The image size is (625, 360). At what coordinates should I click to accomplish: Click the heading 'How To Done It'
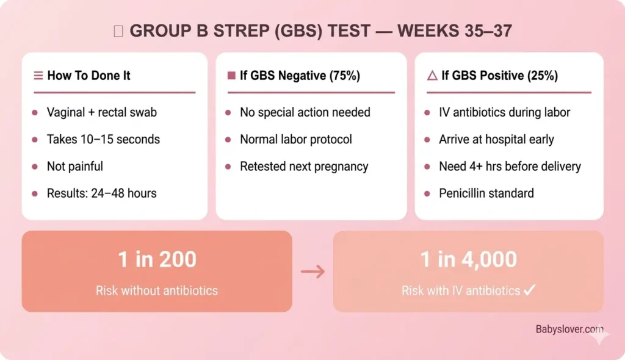[x=89, y=76]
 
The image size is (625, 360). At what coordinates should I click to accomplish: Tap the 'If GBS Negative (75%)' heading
[x=300, y=76]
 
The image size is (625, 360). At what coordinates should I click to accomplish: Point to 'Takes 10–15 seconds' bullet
[x=103, y=139]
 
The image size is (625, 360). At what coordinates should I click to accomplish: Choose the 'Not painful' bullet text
[x=75, y=166]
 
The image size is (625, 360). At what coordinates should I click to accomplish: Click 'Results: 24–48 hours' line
[x=101, y=193]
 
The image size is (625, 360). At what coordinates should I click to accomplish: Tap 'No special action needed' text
[x=305, y=112]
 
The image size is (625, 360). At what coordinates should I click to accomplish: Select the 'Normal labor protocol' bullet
[x=295, y=139]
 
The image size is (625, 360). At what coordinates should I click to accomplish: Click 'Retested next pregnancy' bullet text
[x=304, y=166]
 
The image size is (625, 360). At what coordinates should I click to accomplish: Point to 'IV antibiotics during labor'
[x=504, y=112]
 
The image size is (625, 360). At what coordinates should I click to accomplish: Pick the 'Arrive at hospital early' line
[x=496, y=139]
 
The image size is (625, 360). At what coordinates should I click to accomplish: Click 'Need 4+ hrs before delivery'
[x=510, y=166]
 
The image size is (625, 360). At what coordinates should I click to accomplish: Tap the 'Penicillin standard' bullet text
[x=486, y=193]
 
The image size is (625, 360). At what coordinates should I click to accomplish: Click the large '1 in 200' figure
[x=157, y=259]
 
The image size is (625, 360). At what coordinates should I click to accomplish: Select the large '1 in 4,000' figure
[x=468, y=259]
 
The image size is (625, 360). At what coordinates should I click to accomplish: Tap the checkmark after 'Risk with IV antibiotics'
[x=529, y=290]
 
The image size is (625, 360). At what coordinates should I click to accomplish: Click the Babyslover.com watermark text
[x=569, y=329]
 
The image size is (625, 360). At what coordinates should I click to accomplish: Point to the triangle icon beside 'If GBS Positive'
[x=432, y=76]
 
